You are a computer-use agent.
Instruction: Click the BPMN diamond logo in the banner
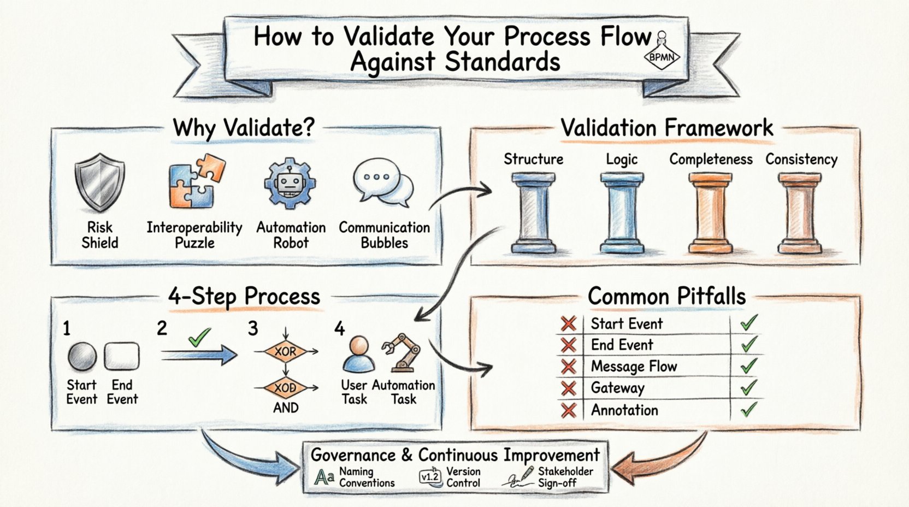point(662,56)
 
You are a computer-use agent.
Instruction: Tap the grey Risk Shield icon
point(99,182)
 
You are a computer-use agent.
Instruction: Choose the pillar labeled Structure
point(533,213)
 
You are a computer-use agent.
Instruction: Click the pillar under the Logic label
point(622,213)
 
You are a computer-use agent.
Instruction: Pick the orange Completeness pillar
point(710,213)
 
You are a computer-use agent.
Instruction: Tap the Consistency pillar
point(800,213)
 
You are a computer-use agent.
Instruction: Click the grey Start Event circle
point(82,357)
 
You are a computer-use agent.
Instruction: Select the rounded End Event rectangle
point(122,357)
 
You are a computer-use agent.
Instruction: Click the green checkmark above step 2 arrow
point(199,337)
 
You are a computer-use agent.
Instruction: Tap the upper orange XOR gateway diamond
point(285,352)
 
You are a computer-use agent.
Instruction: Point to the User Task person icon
point(358,355)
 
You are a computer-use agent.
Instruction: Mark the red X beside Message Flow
point(569,367)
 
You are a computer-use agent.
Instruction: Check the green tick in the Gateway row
point(748,388)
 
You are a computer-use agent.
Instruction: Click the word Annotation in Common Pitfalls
point(624,410)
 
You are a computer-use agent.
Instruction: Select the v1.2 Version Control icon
point(430,476)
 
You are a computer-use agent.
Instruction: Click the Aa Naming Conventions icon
point(324,477)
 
